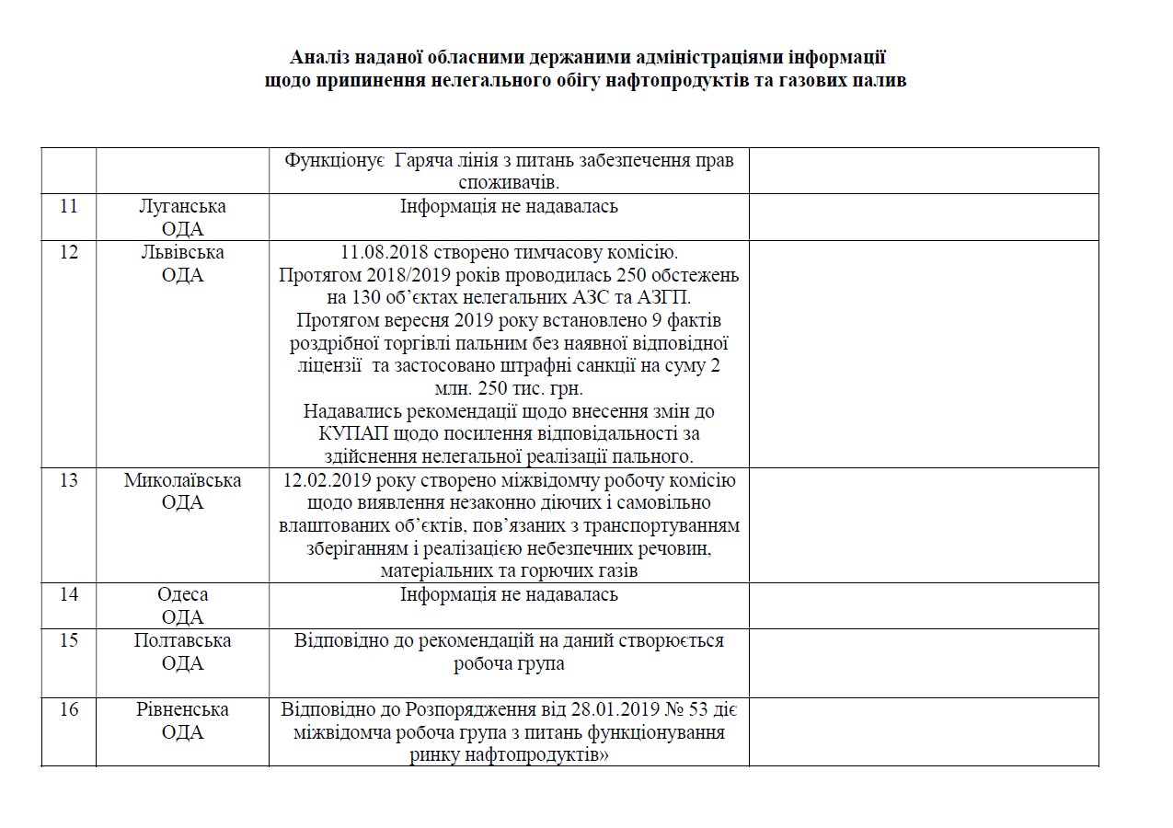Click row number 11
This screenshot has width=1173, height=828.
coord(69,206)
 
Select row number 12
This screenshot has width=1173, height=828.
coord(69,252)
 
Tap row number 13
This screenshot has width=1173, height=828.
coord(69,480)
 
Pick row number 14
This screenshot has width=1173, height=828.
coord(69,594)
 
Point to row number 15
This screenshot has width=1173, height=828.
coord(69,640)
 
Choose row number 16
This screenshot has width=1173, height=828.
coord(69,709)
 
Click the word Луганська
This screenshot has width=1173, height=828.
coord(182,206)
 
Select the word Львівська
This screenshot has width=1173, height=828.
coord(182,252)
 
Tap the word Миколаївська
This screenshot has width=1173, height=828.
coord(182,480)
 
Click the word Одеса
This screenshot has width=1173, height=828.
coord(182,594)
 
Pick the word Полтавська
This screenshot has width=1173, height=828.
coord(182,640)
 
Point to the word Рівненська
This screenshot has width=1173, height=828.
coord(182,709)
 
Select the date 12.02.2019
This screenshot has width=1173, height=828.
coord(328,480)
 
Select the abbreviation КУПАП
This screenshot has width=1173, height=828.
coord(338,433)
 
